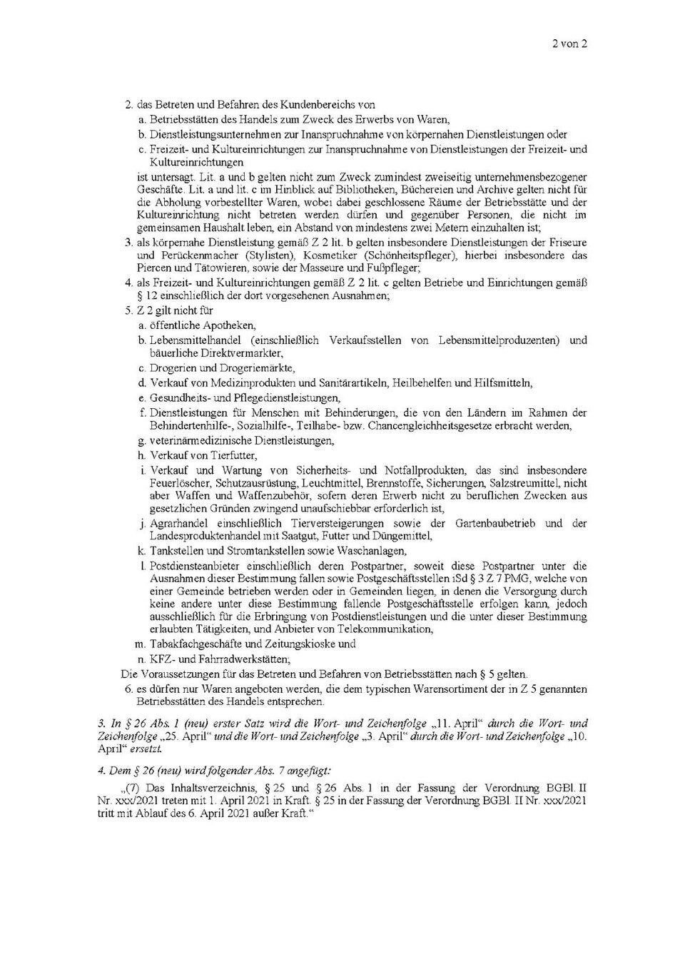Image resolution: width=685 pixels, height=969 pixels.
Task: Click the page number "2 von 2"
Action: coord(569,44)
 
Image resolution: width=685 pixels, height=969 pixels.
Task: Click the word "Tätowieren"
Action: coord(204,268)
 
